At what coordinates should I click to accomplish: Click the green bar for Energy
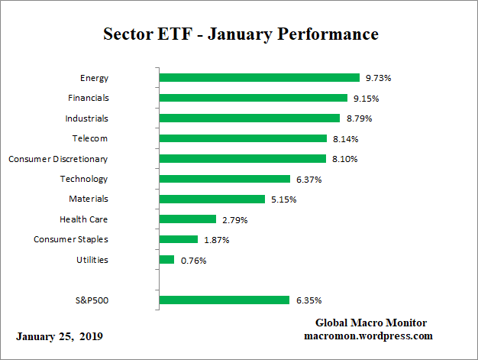pyautogui.click(x=260, y=77)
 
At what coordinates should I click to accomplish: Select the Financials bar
pyautogui.click(x=254, y=98)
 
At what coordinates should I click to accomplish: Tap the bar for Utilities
pyautogui.click(x=167, y=260)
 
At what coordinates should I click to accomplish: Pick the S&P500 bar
pyautogui.click(x=224, y=300)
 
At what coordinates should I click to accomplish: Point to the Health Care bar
pyautogui.click(x=188, y=219)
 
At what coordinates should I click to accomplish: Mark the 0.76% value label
pyautogui.click(x=193, y=260)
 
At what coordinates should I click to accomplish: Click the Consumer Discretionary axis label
pyautogui.click(x=58, y=159)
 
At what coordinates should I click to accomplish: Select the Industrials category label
pyautogui.click(x=86, y=118)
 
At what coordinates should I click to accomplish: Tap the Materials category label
pyautogui.click(x=89, y=199)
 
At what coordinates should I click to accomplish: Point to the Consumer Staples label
pyautogui.click(x=71, y=239)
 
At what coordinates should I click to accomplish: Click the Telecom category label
pyautogui.click(x=92, y=138)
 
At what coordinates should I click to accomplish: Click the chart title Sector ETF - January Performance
pyautogui.click(x=241, y=34)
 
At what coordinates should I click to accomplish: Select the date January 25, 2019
pyautogui.click(x=59, y=336)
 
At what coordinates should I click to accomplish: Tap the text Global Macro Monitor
pyautogui.click(x=371, y=323)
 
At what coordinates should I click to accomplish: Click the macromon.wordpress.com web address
pyautogui.click(x=369, y=336)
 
